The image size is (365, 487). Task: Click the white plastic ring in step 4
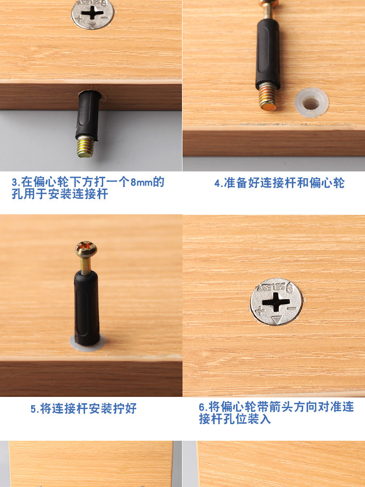(x=311, y=103)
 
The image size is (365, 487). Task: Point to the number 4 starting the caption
(x=217, y=183)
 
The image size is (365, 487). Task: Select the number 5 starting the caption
(x=33, y=409)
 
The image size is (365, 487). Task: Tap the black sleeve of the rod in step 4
(x=268, y=54)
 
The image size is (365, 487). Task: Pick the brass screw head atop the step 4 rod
(x=269, y=6)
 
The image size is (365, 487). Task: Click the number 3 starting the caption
(x=15, y=183)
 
